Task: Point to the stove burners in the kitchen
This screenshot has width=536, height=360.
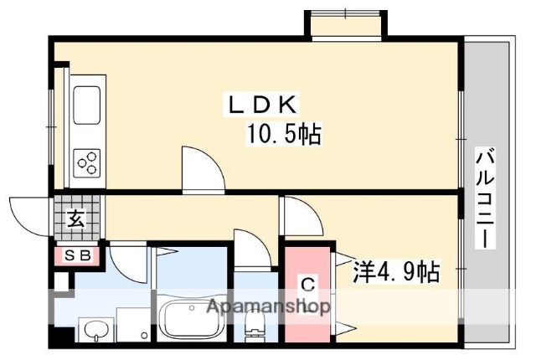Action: click(x=88, y=160)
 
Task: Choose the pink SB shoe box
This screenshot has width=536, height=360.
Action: click(x=77, y=255)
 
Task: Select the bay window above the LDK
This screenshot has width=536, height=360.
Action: click(x=344, y=23)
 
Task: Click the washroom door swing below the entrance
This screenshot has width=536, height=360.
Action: click(x=126, y=261)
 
